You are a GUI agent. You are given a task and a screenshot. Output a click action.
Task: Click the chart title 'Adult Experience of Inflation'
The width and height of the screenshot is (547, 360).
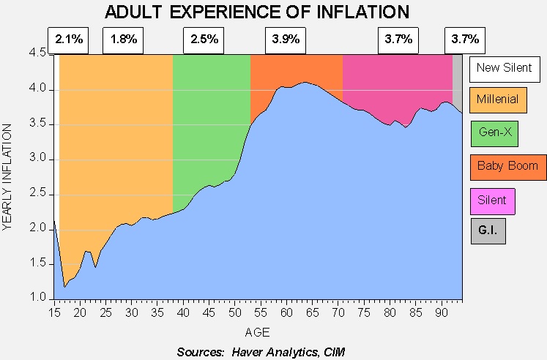coord(257,12)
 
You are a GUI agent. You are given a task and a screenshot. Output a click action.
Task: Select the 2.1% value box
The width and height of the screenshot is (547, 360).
coord(68,40)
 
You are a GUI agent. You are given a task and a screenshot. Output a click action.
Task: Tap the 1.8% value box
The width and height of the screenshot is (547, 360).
coord(123,40)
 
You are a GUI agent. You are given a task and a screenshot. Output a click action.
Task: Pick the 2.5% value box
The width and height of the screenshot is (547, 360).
coord(204,40)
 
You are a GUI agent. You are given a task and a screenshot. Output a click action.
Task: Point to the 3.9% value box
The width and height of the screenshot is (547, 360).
coord(286,40)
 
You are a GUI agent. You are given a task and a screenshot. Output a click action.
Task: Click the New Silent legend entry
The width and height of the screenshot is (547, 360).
coord(505,70)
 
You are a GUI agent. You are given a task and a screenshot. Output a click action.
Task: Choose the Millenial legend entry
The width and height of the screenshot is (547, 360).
coord(498,100)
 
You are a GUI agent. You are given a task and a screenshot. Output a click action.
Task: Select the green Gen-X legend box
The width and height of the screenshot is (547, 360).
coord(495,133)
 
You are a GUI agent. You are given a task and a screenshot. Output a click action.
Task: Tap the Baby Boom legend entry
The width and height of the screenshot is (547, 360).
coord(508,168)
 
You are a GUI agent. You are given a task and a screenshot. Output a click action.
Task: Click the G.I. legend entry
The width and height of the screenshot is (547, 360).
coord(488,231)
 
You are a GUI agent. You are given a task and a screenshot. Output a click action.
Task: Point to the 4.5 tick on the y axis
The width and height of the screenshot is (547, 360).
coord(37,53)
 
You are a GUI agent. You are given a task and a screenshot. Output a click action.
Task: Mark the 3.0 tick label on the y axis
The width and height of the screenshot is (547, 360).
coord(37,159)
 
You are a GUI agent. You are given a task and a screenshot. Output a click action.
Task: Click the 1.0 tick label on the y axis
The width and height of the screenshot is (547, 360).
coord(37,297)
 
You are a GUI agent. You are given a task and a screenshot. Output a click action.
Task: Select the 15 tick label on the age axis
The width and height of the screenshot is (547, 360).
coord(54,312)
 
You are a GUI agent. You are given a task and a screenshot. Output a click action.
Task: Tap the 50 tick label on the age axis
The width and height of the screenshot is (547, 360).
coord(235,312)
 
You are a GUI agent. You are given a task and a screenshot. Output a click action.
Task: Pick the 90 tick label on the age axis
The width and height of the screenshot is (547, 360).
coord(442,312)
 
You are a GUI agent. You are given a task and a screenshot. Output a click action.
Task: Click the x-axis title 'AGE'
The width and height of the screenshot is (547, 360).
coord(258,332)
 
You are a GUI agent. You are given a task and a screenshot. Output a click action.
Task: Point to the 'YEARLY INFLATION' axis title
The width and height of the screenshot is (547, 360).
coord(7,177)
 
